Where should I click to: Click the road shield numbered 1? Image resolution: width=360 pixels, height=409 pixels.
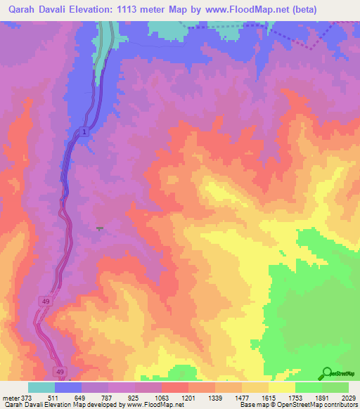tap(84, 132)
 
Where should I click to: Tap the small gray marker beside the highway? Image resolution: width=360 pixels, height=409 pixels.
tap(99, 228)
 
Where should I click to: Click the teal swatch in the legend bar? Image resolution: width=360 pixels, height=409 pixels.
tap(41, 387)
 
